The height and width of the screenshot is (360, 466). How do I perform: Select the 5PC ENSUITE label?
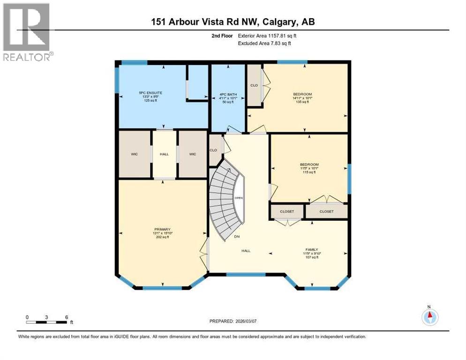pyautogui.click(x=151, y=93)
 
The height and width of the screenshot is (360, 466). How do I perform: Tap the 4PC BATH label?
pyautogui.click(x=228, y=95)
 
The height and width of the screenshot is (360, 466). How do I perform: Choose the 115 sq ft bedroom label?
pyautogui.click(x=309, y=165)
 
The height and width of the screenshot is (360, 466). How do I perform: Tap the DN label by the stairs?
pyautogui.click(x=237, y=237)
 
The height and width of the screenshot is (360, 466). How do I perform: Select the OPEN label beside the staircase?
pyautogui.click(x=239, y=198)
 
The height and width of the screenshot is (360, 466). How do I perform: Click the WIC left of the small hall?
pyautogui.click(x=134, y=154)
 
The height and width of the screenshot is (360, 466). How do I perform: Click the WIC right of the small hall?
pyautogui.click(x=192, y=154)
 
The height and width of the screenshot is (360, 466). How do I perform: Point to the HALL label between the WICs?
pyautogui.click(x=164, y=154)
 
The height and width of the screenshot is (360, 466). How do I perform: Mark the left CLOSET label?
pyautogui.click(x=287, y=211)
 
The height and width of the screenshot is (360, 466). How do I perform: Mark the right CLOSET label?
pyautogui.click(x=326, y=211)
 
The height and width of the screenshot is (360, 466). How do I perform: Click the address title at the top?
pyautogui.click(x=233, y=22)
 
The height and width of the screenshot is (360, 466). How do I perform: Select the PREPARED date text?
pyautogui.click(x=233, y=321)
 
